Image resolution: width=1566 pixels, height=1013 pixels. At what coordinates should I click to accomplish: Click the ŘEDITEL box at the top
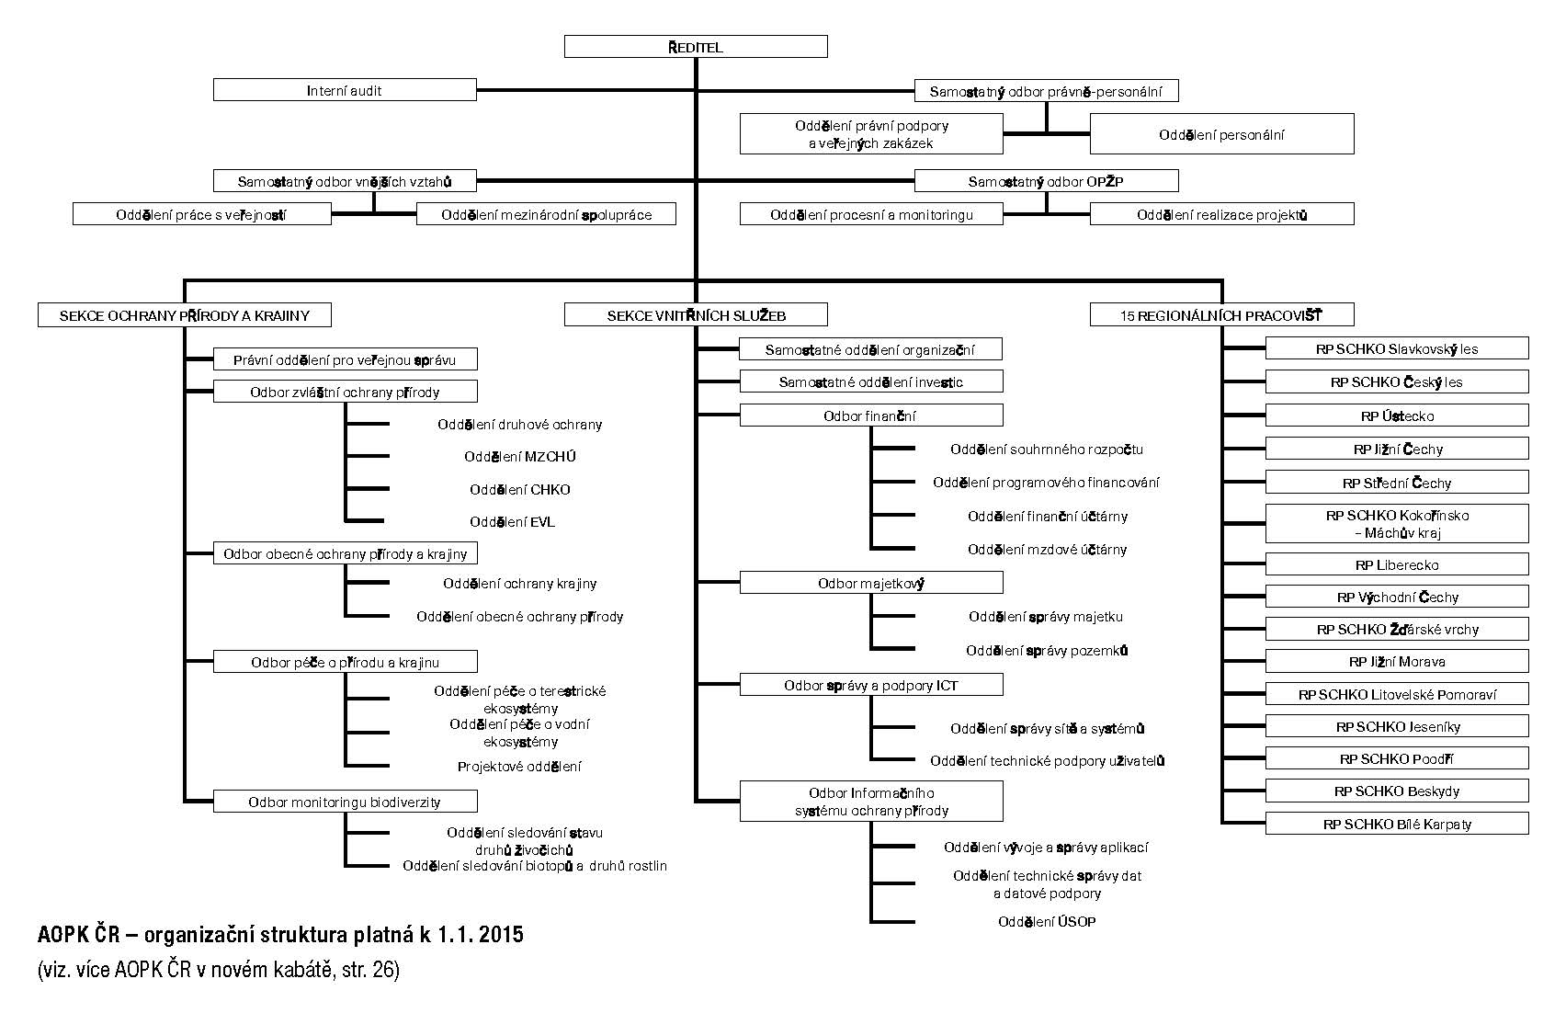[x=696, y=47]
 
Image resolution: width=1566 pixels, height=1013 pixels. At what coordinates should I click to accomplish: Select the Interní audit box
[x=345, y=90]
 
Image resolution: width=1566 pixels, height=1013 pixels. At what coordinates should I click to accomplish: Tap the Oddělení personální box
[x=1221, y=134]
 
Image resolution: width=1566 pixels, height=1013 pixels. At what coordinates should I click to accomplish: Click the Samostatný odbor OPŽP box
[x=1046, y=181]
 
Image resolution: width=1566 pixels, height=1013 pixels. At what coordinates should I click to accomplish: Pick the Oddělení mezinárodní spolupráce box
[x=546, y=214]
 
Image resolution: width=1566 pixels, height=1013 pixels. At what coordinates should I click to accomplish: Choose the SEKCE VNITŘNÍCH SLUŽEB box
[x=696, y=314]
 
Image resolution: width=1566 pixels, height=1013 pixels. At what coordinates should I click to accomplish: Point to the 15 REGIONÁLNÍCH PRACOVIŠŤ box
[x=1221, y=314]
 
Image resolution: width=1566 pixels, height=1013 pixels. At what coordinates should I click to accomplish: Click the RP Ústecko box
[x=1397, y=415]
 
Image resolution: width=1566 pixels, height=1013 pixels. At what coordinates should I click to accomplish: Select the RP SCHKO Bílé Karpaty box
[x=1397, y=824]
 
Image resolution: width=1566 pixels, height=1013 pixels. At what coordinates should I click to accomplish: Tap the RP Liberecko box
[x=1397, y=564]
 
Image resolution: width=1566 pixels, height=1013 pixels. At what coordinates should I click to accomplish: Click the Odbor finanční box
[x=871, y=415]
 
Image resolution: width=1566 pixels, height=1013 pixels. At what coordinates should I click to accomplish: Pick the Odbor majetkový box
[x=871, y=583]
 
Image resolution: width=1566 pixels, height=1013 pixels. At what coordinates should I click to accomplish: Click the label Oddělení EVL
[x=513, y=521]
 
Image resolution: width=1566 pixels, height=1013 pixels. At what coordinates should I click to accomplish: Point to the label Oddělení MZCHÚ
[x=520, y=457]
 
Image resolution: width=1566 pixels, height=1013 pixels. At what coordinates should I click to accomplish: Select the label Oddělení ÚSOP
[x=1047, y=921]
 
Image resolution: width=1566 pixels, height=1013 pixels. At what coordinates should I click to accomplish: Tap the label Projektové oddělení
[x=519, y=767]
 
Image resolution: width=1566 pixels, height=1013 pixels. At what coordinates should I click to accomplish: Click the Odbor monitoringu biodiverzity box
[x=345, y=802]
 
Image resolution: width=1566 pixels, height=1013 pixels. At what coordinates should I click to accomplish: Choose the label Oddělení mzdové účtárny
[x=1048, y=550]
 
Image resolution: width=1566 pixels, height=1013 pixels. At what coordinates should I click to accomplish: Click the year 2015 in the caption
[x=501, y=935]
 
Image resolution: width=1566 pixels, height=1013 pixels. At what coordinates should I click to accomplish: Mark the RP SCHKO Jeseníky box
[x=1397, y=726]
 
